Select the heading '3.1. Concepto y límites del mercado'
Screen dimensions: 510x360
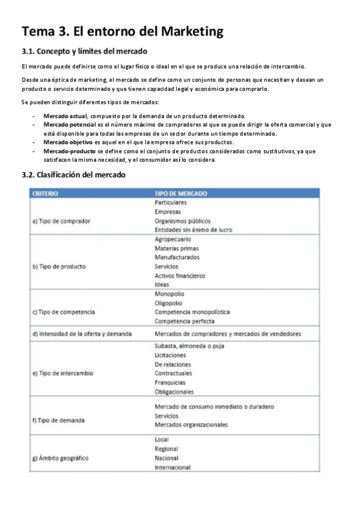pos(84,51)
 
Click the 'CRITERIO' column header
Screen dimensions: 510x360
pos(45,194)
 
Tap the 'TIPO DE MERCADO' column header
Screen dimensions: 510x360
pos(181,194)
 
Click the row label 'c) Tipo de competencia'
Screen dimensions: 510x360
pos(63,312)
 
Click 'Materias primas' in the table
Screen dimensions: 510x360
pos(177,248)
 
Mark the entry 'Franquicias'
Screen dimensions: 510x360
pos(170,382)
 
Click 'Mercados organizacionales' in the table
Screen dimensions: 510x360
pos(191,425)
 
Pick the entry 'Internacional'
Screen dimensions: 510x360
pos(172,467)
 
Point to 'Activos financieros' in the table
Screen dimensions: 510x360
pos(180,275)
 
